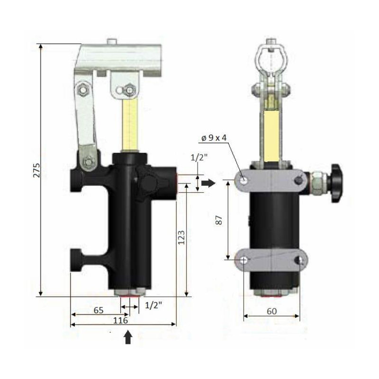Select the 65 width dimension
tap(98, 311)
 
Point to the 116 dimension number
tap(122, 321)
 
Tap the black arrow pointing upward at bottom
tap(127, 337)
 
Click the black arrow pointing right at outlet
tap(208, 182)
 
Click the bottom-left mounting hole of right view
tap(244, 260)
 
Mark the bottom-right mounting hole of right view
tap(299, 260)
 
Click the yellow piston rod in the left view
tap(130, 126)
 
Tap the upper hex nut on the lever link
tap(83, 89)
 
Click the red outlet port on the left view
tap(176, 180)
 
